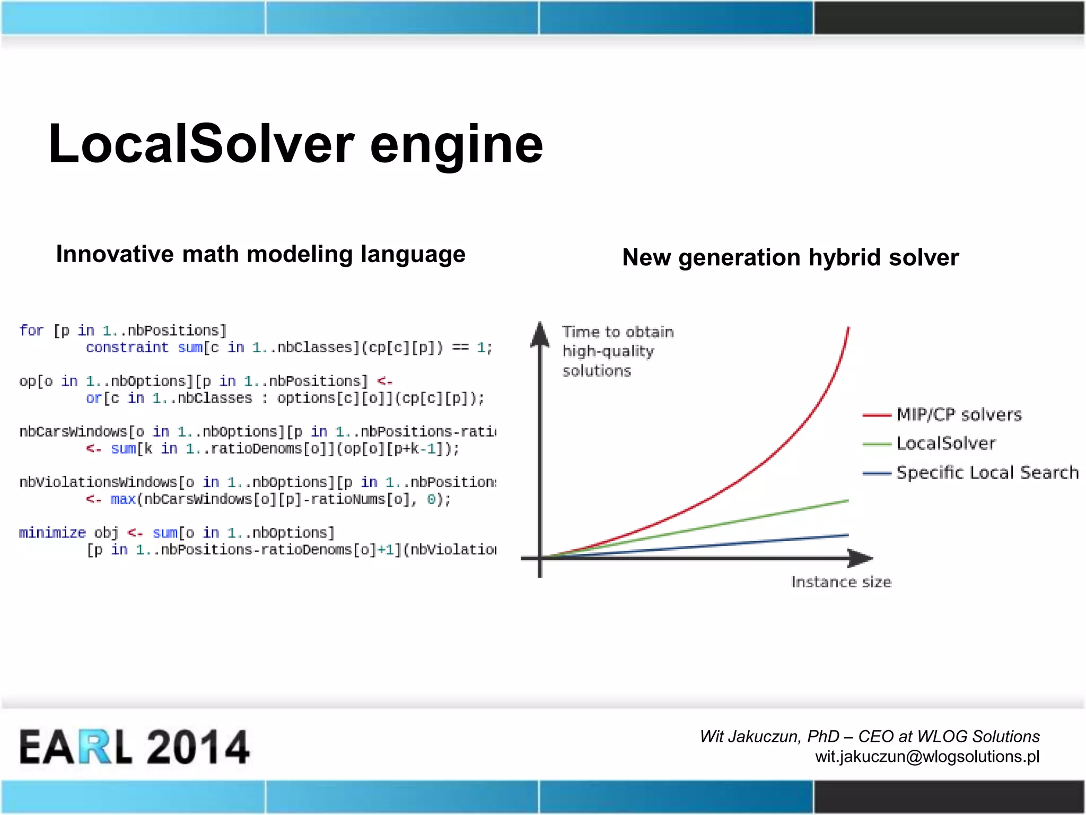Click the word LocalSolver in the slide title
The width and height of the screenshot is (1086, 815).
[x=202, y=144]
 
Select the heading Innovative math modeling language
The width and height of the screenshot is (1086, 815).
[x=260, y=254]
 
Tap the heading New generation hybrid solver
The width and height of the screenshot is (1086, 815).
[x=790, y=257]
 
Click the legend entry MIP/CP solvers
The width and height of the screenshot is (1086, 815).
[x=959, y=414]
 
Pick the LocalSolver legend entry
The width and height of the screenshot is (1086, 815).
[x=945, y=443]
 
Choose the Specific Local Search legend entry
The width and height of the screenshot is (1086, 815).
[x=987, y=472]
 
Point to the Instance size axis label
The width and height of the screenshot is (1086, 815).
[x=841, y=582]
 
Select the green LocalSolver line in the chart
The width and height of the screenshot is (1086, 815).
[x=742, y=520]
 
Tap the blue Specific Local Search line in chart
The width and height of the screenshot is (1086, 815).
[x=742, y=543]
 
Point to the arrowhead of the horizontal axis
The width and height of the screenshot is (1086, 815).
[x=860, y=558]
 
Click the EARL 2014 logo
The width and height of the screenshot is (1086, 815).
[x=134, y=747]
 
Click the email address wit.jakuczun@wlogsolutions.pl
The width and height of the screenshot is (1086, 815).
[x=927, y=756]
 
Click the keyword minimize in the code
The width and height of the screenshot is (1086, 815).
[x=52, y=533]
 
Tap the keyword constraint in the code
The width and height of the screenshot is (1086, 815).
[x=127, y=348]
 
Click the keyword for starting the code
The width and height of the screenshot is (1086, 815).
[x=31, y=331]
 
